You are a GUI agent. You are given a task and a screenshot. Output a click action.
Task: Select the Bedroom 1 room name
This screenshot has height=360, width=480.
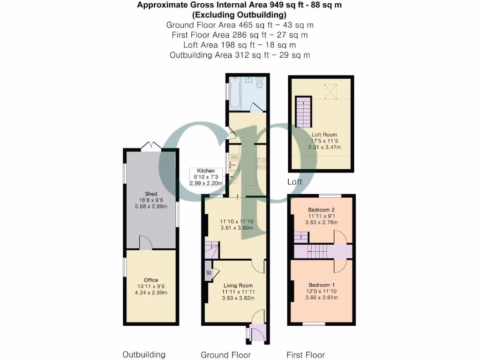[x=321, y=285]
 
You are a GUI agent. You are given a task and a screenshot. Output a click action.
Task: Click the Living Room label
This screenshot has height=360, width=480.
[x=238, y=285]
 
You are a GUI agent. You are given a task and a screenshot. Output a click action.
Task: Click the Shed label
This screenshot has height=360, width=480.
[x=151, y=194]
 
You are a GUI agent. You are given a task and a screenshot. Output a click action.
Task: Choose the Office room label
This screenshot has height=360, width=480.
[x=151, y=280]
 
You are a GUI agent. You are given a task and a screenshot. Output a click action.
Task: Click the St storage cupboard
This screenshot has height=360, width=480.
[x=209, y=272]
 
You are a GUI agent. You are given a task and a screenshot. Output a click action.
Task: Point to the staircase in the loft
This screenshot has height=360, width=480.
[x=303, y=112]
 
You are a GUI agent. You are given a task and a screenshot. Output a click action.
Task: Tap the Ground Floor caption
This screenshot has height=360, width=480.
[x=225, y=355]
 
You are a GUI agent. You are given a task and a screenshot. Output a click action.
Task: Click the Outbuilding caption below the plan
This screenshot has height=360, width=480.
[x=144, y=354]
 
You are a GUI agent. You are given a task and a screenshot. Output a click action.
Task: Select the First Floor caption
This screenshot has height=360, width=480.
[x=306, y=355]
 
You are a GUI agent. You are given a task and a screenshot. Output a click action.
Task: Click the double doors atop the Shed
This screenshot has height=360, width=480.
[x=151, y=146]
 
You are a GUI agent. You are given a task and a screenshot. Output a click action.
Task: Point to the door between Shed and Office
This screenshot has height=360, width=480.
[x=146, y=243]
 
